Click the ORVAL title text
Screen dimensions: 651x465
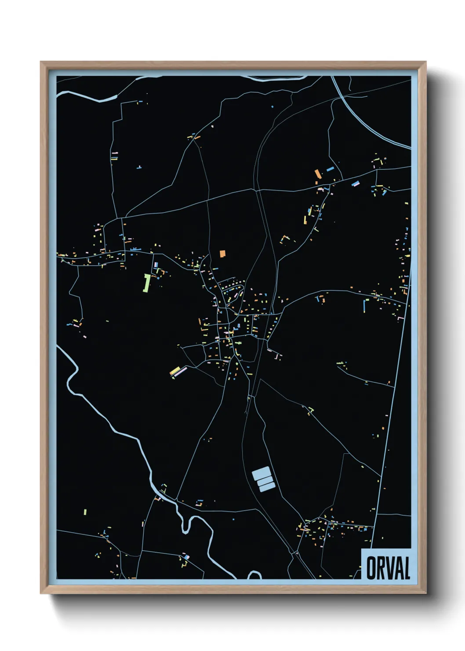[388, 568]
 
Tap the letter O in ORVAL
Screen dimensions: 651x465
[371, 568]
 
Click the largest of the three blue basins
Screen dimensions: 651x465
[260, 473]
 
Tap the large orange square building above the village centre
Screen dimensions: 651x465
[222, 253]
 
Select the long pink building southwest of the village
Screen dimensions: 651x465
[180, 372]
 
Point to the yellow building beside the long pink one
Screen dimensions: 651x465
[174, 370]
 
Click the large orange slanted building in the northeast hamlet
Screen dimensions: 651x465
[317, 173]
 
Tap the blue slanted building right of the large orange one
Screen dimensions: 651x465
[330, 168]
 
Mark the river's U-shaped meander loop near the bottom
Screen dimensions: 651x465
[188, 523]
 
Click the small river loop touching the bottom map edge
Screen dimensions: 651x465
[254, 574]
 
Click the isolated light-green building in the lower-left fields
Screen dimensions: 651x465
[85, 512]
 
